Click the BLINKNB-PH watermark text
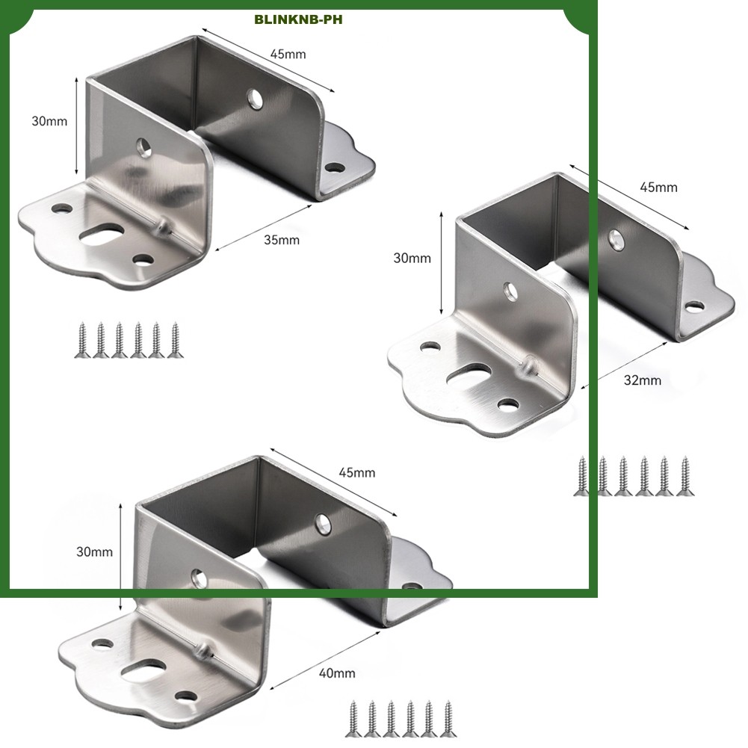[x=298, y=19]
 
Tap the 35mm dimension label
[x=282, y=240]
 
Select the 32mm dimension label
[x=643, y=380]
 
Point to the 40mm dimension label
[x=337, y=673]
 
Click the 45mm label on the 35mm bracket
[x=288, y=54]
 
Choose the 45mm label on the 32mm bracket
[x=659, y=187]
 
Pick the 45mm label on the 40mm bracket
[x=357, y=472]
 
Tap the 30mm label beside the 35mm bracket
[x=49, y=121]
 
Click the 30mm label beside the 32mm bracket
[x=412, y=258]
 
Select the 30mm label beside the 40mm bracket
[x=94, y=552]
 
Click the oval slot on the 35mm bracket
[x=102, y=235]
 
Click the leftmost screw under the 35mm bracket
[x=82, y=340]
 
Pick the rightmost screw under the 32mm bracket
[x=685, y=476]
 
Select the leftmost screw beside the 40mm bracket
[x=353, y=718]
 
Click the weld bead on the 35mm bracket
[x=164, y=225]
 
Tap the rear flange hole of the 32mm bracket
[x=695, y=306]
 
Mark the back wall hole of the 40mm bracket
[x=324, y=524]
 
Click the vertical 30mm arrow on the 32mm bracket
[x=442, y=263]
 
